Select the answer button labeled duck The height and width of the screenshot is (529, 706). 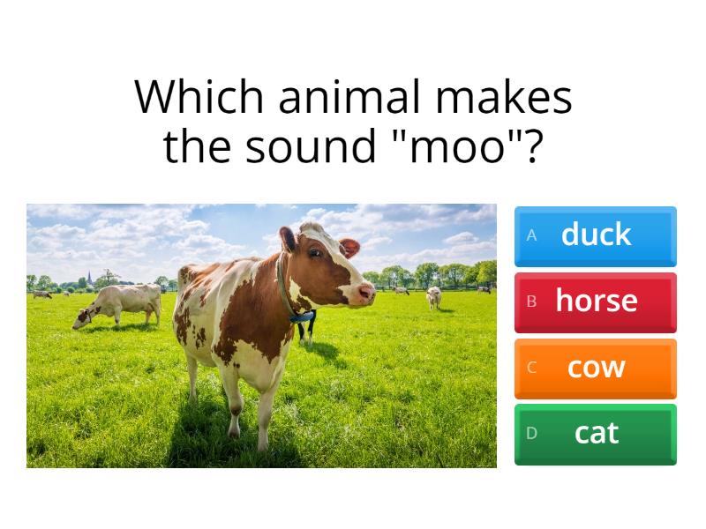coord(596,235)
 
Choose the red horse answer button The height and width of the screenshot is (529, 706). coord(596,302)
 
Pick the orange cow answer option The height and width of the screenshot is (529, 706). coord(596,368)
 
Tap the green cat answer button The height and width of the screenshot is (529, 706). coord(596,434)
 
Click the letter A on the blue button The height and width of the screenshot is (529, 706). coord(531,235)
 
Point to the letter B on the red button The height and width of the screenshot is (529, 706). coord(531,302)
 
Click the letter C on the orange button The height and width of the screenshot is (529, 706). coord(531,368)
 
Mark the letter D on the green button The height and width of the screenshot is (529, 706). coord(531,434)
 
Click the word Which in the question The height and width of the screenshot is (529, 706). coord(200,97)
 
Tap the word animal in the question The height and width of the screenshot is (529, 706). coord(350,97)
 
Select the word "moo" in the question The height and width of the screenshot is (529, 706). coord(464,147)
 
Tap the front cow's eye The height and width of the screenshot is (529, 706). coord(315,254)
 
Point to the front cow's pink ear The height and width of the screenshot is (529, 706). coord(350,248)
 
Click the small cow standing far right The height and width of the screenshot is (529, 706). coord(434,297)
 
